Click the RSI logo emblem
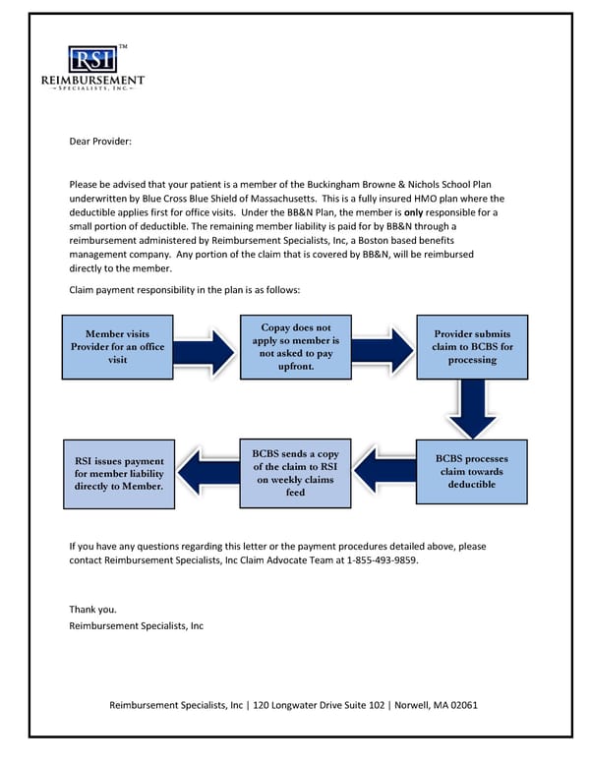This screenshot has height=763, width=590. (91, 59)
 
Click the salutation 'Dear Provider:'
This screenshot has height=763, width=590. (99, 142)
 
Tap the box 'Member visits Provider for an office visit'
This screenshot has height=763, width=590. (118, 347)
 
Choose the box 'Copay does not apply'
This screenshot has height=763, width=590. (295, 347)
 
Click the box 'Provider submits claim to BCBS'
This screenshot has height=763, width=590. (472, 347)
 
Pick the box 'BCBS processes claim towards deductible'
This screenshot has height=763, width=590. (472, 472)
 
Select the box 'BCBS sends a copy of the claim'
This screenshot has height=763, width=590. (295, 472)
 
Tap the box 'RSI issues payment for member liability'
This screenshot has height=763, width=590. (118, 473)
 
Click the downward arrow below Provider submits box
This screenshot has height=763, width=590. (472, 408)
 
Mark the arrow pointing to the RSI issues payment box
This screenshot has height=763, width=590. (207, 473)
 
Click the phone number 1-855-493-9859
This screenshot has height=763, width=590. (387, 559)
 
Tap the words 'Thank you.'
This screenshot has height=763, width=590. (92, 610)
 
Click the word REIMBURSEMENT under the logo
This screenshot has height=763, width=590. (91, 80)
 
